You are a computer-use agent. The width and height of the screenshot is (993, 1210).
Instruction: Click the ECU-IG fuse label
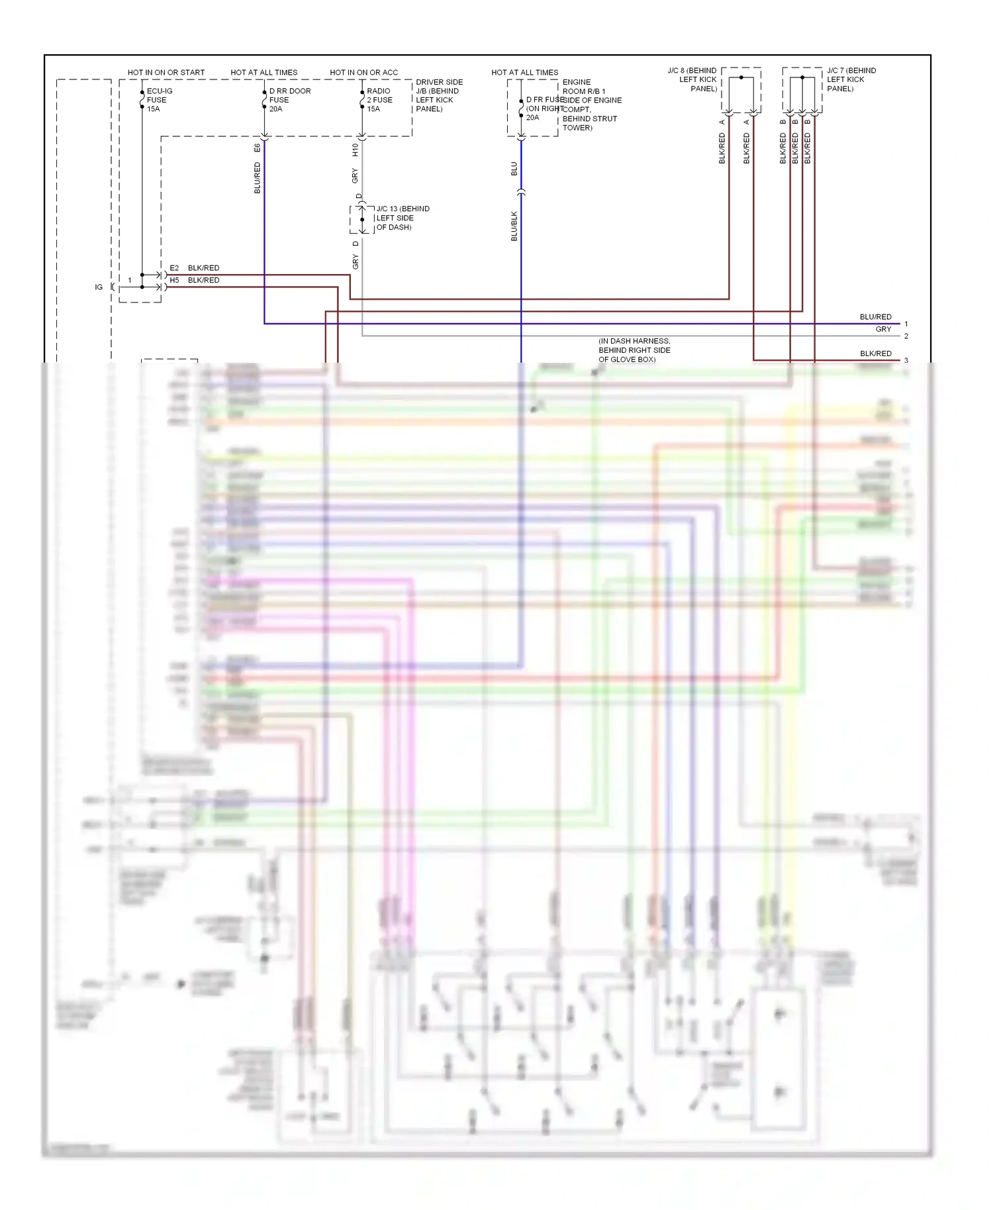tap(159, 100)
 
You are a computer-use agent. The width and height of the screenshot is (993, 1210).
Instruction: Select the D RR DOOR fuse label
tap(289, 100)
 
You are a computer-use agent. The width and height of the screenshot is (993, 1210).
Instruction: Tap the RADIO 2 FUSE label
tap(379, 100)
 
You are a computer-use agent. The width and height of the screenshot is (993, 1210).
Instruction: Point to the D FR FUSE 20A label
tap(543, 109)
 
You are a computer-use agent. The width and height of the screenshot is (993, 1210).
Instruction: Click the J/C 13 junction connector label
tap(402, 218)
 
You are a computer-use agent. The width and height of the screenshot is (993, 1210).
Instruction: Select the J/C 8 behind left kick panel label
tap(692, 79)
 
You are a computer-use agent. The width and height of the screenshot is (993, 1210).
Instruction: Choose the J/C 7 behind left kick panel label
tap(851, 79)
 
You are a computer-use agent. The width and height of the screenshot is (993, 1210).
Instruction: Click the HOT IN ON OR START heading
tap(166, 72)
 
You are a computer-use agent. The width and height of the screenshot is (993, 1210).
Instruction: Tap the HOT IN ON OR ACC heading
tap(363, 72)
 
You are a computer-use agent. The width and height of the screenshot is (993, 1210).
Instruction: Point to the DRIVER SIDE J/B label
tap(439, 95)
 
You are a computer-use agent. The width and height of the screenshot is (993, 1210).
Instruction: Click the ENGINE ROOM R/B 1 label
tap(591, 105)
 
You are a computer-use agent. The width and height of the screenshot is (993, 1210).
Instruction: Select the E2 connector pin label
tap(174, 268)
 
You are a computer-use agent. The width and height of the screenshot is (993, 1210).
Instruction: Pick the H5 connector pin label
tap(174, 280)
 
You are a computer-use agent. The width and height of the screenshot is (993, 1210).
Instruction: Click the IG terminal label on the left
tap(99, 287)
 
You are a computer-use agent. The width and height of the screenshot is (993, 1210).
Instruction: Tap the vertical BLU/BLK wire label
tap(514, 226)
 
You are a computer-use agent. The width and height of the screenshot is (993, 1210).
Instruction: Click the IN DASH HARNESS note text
tap(634, 350)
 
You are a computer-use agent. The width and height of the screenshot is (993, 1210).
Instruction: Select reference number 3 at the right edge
tap(906, 361)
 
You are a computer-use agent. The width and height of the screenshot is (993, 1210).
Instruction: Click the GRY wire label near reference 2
tap(883, 329)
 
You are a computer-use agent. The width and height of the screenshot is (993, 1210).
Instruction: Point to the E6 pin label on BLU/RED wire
tap(258, 148)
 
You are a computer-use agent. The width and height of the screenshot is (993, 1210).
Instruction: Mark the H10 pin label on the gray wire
tap(355, 150)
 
